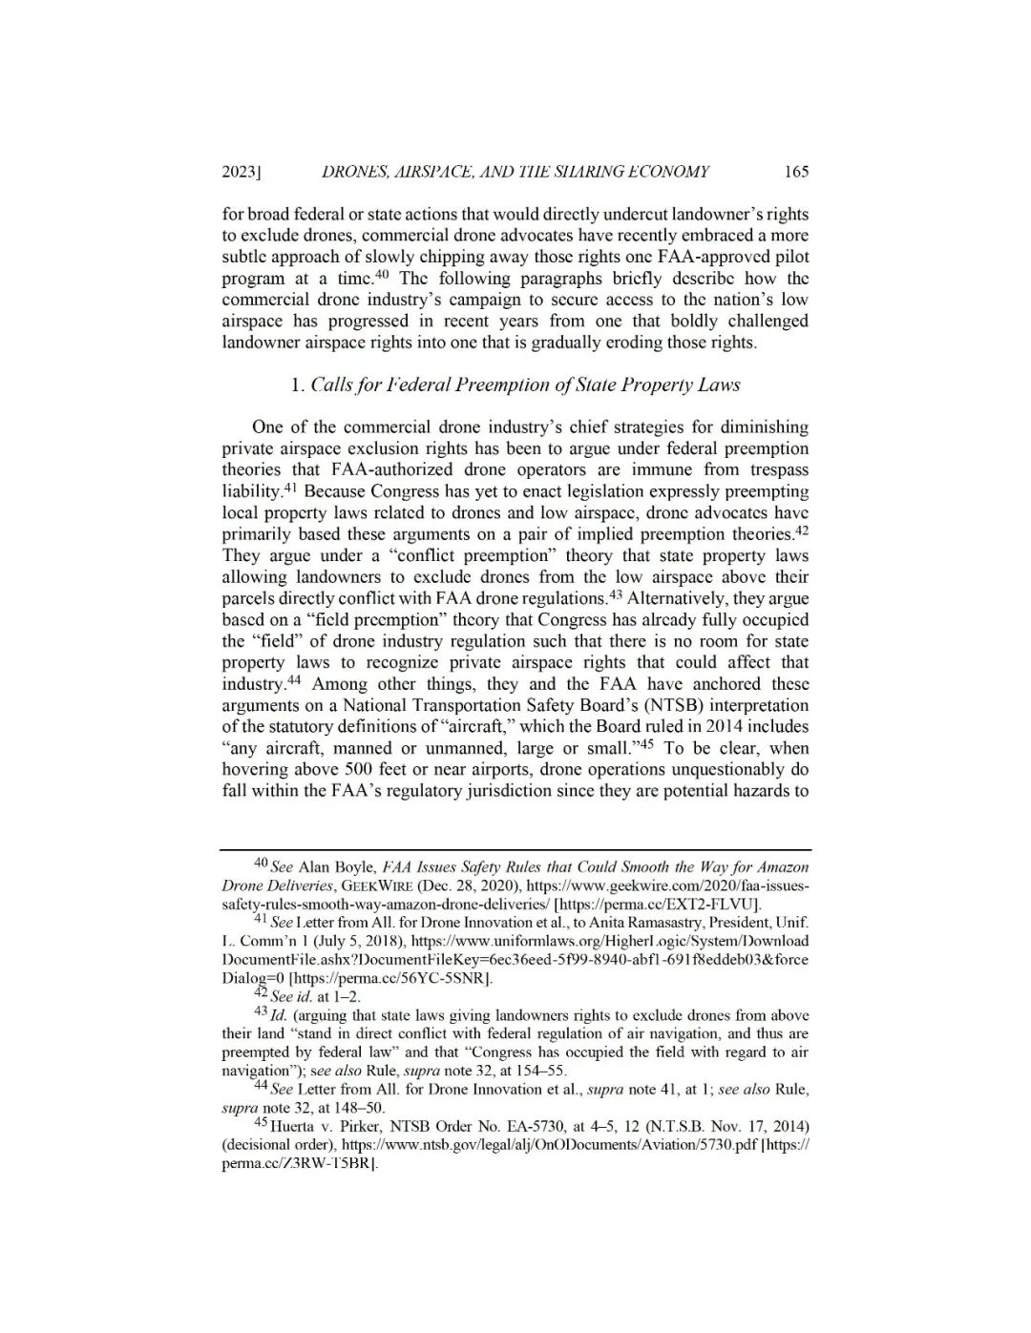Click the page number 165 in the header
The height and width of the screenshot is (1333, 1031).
point(795,172)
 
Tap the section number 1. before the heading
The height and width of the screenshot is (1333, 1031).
point(297,385)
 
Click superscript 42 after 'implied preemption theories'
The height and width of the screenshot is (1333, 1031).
point(802,531)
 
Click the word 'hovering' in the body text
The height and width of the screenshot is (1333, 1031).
point(253,769)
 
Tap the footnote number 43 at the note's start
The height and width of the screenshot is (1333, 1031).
point(260,1013)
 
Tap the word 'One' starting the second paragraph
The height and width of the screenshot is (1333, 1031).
point(267,427)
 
